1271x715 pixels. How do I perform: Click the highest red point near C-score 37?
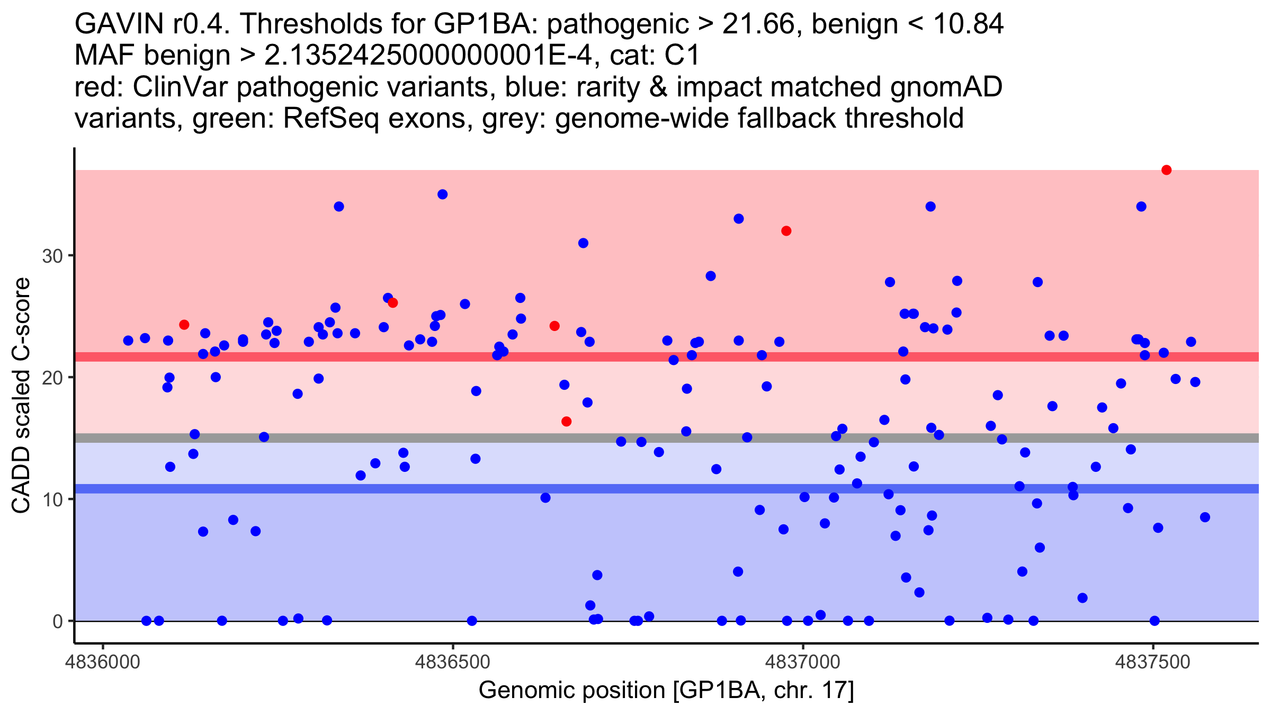point(1166,170)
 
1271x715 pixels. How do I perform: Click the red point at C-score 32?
point(786,231)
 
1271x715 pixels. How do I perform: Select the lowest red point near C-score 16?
point(566,422)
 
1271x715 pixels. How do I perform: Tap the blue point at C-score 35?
point(443,194)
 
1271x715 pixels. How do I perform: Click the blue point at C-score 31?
point(583,243)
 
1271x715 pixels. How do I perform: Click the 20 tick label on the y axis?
point(52,378)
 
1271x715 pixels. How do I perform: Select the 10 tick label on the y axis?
point(52,499)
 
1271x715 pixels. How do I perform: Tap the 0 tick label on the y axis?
point(58,621)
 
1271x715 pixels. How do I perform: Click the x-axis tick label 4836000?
point(103,662)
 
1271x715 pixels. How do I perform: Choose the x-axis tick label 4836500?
point(453,662)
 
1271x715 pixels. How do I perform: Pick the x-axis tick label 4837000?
point(803,662)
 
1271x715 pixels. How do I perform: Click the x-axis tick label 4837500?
point(1153,662)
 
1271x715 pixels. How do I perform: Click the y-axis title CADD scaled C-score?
point(21,396)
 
